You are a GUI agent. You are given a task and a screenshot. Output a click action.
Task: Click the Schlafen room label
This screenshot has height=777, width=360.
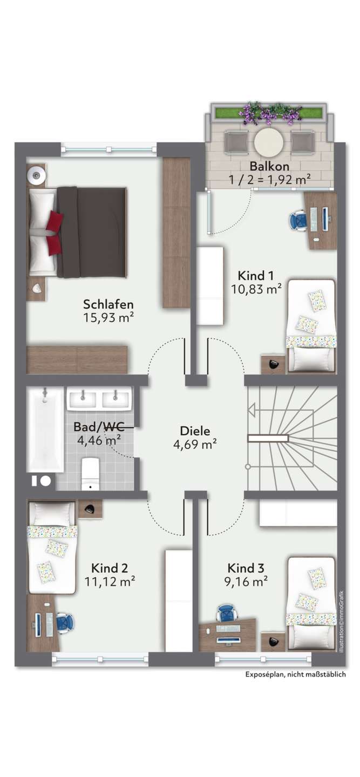click(108, 304)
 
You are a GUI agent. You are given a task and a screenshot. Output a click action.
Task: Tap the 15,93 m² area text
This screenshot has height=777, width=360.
click(108, 318)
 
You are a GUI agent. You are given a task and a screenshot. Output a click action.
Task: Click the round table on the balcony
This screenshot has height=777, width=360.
click(269, 141)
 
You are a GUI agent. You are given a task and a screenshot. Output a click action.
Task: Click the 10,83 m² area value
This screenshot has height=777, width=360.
click(256, 290)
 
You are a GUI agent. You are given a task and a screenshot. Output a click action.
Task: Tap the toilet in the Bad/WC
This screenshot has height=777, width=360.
click(90, 473)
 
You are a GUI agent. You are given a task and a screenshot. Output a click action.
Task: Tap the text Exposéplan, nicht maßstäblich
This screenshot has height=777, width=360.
click(295, 674)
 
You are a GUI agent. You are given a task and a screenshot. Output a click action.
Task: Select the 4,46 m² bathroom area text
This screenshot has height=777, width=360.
click(99, 440)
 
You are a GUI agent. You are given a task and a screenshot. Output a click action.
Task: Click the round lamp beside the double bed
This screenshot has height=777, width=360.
click(37, 173)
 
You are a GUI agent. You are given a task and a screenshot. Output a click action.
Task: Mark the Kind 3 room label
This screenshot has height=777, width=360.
click(246, 568)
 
